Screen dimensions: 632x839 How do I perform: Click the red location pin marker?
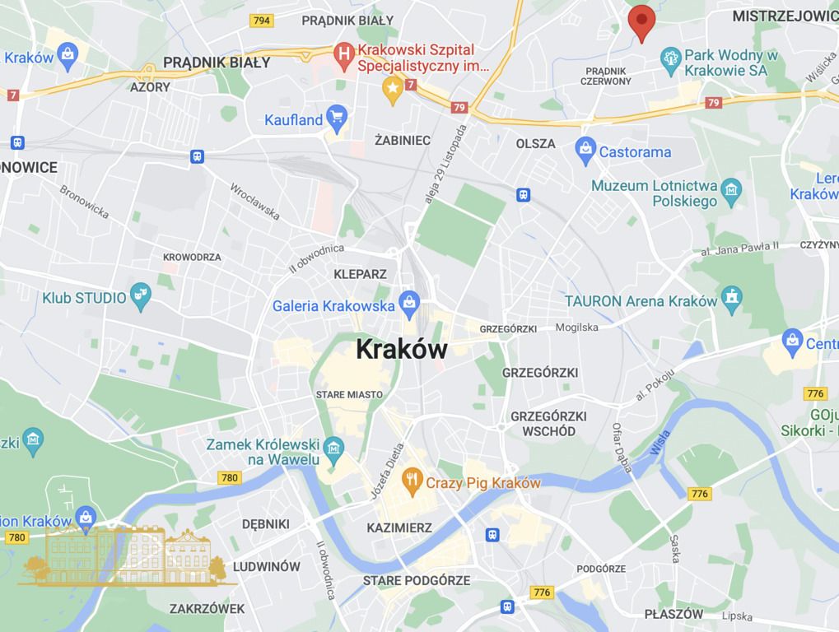click(641, 21)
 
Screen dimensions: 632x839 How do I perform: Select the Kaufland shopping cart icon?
click(336, 117)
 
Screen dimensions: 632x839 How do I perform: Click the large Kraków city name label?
click(402, 349)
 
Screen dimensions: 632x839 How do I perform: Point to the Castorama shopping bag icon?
click(585, 149)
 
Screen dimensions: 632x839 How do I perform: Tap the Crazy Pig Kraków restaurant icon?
click(413, 479)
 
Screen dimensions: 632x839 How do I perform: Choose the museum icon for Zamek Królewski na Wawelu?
click(333, 448)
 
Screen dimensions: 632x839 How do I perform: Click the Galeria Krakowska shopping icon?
click(408, 304)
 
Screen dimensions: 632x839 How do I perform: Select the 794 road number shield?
click(262, 21)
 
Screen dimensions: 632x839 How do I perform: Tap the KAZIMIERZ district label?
click(399, 527)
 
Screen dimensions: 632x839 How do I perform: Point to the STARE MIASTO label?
click(349, 395)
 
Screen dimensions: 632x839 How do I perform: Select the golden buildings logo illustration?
click(128, 555)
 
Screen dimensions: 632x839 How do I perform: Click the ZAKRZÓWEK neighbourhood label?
click(207, 609)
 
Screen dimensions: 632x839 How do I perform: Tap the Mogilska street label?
click(577, 328)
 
